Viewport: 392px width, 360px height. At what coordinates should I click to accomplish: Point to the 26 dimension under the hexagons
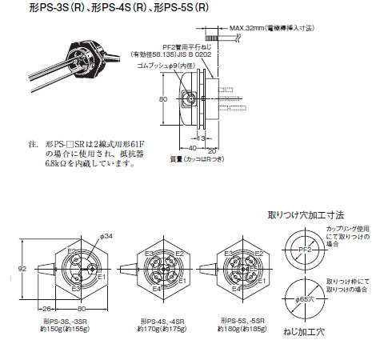pyautogui.click(x=46, y=310)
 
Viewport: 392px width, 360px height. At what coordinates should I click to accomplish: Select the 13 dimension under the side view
pyautogui.click(x=202, y=137)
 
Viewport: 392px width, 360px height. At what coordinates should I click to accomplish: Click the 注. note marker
pyautogui.click(x=32, y=146)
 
